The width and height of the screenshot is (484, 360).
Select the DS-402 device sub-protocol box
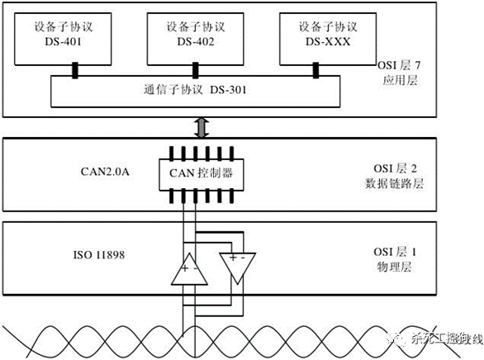[194, 38]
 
